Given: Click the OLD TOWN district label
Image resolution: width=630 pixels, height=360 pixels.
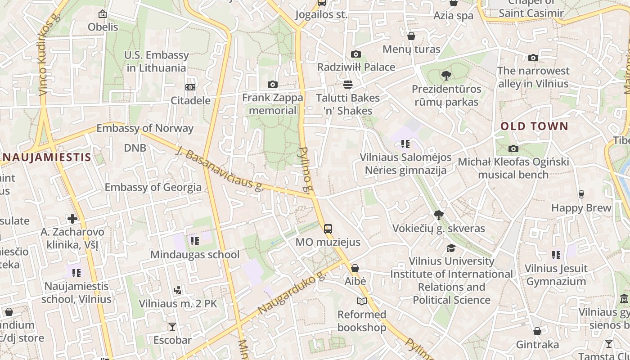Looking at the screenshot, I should coord(535,126).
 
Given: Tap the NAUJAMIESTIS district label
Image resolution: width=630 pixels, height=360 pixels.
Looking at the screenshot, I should coord(46,157).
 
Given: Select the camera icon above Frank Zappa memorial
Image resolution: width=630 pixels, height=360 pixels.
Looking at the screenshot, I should coord(272,85).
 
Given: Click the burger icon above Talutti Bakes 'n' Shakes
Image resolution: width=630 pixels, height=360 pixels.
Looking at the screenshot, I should coord(347,85).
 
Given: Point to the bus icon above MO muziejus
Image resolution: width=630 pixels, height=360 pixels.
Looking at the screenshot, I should coord(328,229).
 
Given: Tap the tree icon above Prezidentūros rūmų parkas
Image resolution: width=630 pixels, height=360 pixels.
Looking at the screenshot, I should coord(446,75).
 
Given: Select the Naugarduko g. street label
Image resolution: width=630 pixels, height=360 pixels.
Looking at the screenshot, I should coord(292,293).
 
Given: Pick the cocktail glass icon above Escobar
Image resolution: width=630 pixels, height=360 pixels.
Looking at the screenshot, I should coord(172,327).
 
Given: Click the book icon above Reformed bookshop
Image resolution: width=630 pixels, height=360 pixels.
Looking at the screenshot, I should coord(362,301).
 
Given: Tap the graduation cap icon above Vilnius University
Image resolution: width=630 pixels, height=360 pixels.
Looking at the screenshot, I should coord(451,248).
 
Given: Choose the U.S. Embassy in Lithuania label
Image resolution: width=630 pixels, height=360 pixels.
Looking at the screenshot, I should coord(157,62).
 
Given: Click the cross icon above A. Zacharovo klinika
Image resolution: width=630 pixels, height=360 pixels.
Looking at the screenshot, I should coord(72,219).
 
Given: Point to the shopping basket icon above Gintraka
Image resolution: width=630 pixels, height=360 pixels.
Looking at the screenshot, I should coord(537,332).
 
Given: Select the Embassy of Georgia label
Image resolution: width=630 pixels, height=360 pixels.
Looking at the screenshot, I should coord(153,187).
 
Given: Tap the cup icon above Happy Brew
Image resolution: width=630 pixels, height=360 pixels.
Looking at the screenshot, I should coord(581,194).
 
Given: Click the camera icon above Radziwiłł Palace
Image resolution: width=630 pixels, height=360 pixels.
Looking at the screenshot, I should coord(355,54).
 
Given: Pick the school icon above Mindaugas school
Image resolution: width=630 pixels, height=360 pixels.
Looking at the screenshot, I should coord(194,241).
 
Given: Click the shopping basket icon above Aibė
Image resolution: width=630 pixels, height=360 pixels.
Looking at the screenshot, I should coord(355,269).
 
